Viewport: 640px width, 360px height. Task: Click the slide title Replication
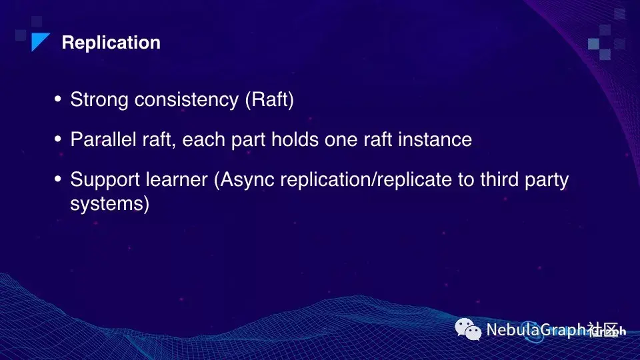tap(111, 43)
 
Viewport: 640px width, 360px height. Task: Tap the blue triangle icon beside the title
tap(39, 41)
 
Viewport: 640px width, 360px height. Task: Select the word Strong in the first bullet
tap(99, 100)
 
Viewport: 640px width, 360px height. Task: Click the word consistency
tap(187, 100)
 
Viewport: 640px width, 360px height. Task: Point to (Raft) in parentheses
tap(269, 100)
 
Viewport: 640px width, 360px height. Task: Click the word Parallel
tap(103, 139)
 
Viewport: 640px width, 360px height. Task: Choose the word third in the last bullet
tap(499, 179)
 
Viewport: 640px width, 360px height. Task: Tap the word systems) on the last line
tap(110, 204)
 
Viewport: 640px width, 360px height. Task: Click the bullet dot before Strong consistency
tap(57, 99)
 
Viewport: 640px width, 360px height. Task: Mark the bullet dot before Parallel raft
tap(57, 139)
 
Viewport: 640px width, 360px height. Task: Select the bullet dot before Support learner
tap(57, 179)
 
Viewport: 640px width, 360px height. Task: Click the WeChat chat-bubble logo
tap(468, 329)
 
